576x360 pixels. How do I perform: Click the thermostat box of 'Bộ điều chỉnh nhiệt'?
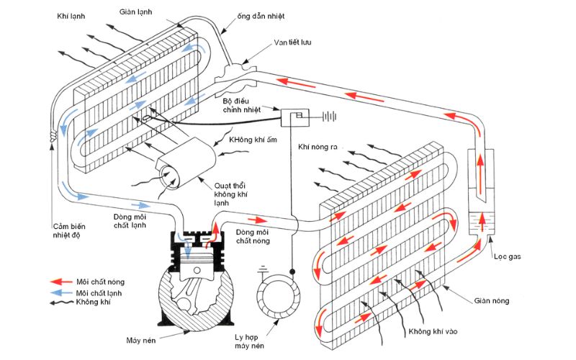click(294, 117)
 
